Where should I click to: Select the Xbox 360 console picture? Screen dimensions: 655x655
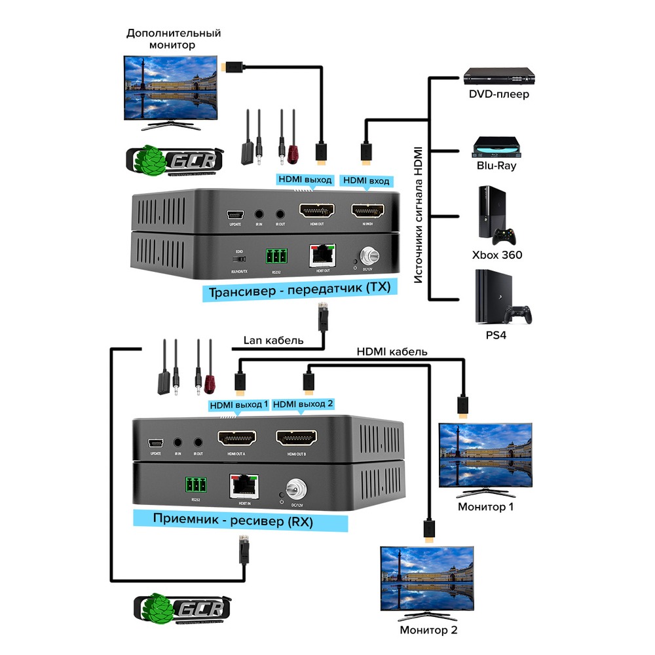[496, 216]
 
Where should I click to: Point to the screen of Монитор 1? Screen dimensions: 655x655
[485, 455]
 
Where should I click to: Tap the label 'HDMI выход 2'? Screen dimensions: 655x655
[303, 405]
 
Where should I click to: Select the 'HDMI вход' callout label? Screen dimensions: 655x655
[367, 180]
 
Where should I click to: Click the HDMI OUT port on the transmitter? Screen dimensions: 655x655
[316, 211]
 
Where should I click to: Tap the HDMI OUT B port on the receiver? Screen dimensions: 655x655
[296, 438]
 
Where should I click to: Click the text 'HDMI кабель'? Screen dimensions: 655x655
[392, 352]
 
